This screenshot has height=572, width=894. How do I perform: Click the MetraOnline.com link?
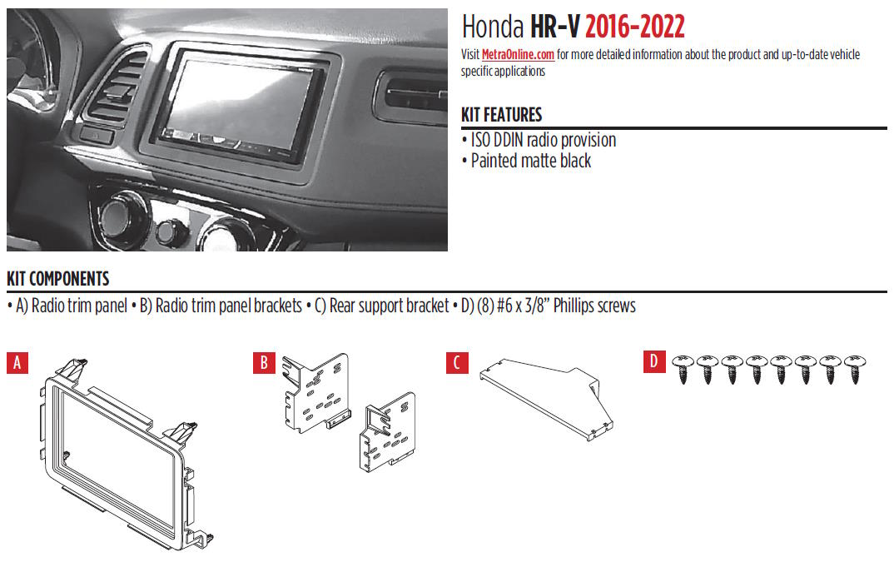[518, 55]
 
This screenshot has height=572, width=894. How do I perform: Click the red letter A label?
[17, 363]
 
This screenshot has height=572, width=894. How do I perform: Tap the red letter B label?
[264, 363]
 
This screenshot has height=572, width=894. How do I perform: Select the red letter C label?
[457, 363]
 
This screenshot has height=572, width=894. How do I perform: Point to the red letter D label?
[654, 361]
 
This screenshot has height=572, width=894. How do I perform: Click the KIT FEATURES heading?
[501, 115]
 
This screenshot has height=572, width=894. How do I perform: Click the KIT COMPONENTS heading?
[57, 279]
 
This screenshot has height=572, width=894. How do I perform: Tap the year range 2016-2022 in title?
[634, 27]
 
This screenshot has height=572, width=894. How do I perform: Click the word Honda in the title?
[493, 27]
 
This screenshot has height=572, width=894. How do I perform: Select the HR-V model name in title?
[554, 27]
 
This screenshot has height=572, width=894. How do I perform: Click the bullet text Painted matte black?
[531, 162]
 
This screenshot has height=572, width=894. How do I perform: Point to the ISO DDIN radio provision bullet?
[544, 140]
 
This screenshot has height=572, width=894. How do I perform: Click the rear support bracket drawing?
[546, 399]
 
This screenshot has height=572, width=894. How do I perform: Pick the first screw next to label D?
[683, 368]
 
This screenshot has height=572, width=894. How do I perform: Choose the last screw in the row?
[855, 368]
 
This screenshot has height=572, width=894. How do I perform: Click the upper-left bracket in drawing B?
[315, 392]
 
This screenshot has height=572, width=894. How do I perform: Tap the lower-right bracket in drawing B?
[388, 432]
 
